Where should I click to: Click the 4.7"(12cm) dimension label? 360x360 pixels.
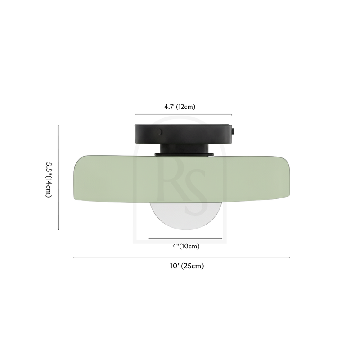180,107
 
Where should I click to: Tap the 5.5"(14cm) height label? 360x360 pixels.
49,180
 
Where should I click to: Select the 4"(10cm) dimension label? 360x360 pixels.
186,246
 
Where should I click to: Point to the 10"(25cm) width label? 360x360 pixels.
187,266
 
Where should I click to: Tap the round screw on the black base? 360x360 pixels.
159,132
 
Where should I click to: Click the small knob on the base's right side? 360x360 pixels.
233,131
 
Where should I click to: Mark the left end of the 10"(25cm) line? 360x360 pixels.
73,257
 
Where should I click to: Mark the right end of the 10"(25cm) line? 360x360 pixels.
289,257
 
